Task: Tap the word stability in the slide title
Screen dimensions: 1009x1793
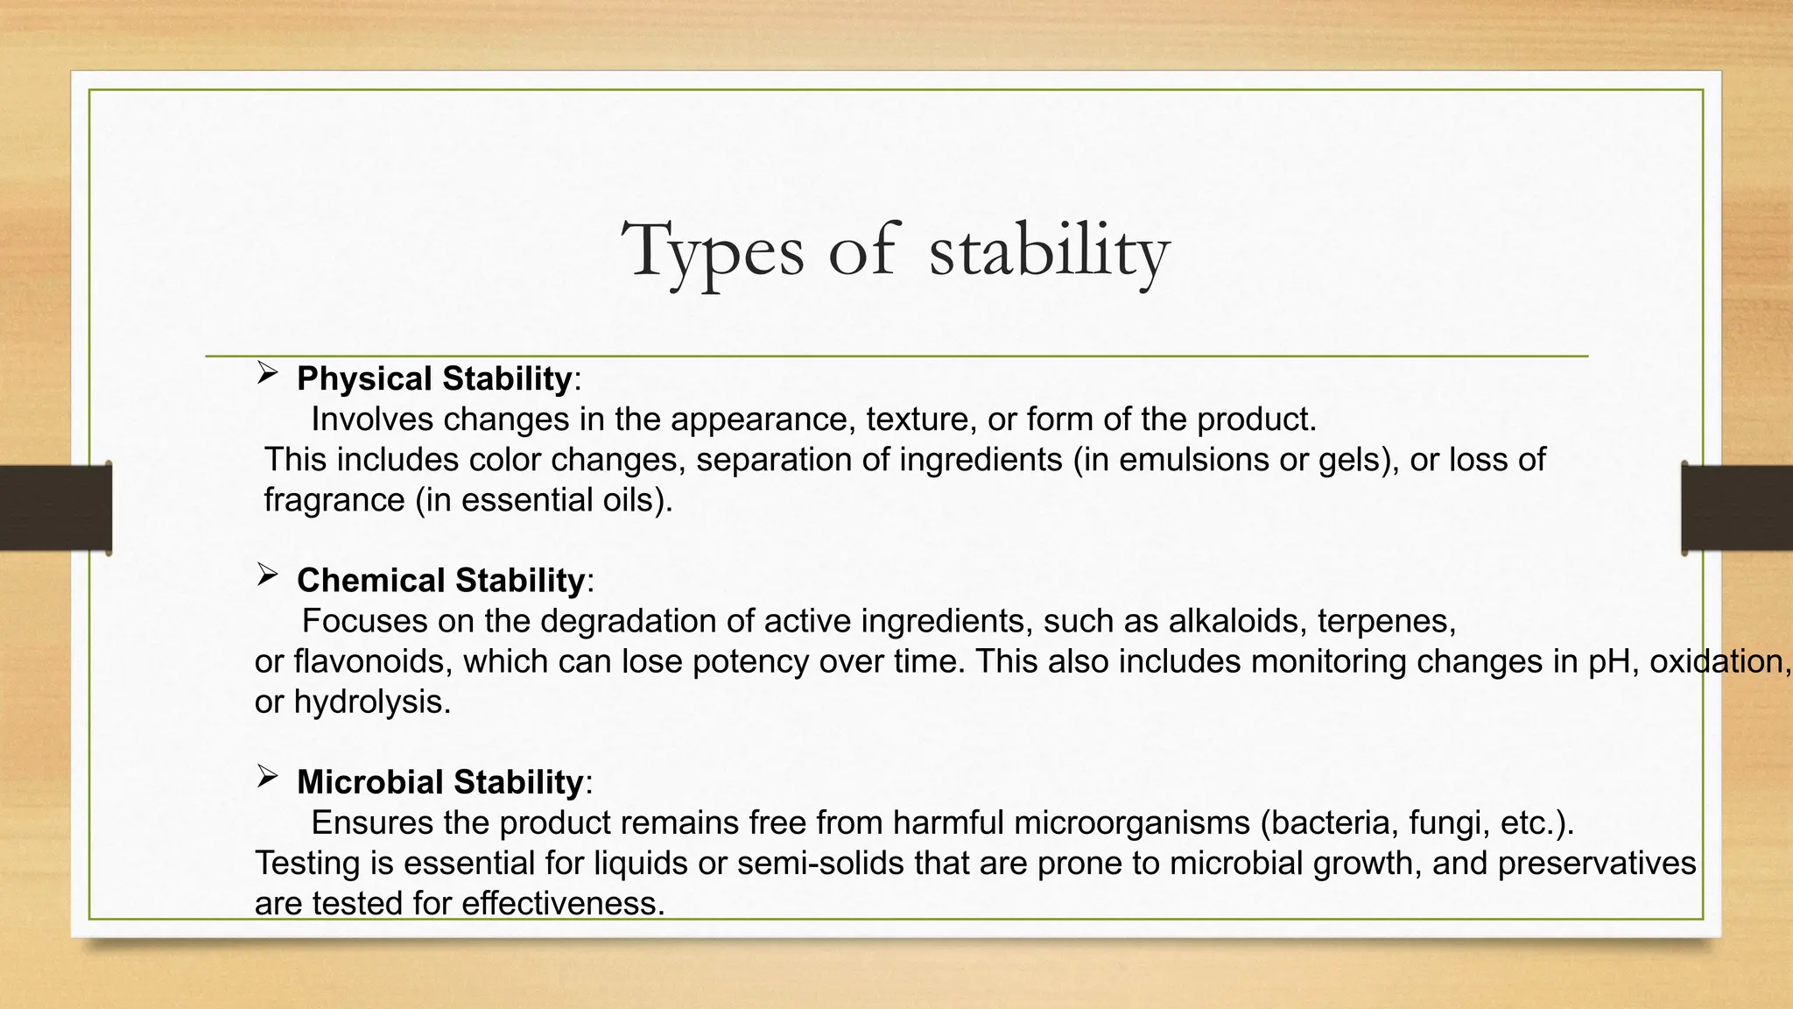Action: [x=1048, y=251]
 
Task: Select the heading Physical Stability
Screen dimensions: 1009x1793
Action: [x=434, y=379]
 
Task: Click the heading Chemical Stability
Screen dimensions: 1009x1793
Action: [x=440, y=581]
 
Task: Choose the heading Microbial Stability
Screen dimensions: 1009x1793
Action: [x=439, y=782]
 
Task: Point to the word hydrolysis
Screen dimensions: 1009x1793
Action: [x=371, y=702]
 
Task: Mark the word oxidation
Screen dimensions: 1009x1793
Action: [x=1718, y=661]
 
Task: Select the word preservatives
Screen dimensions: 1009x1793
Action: [x=1597, y=863]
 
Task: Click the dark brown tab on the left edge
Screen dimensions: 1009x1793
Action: [x=55, y=508]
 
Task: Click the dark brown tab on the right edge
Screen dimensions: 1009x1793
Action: [x=1737, y=508]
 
